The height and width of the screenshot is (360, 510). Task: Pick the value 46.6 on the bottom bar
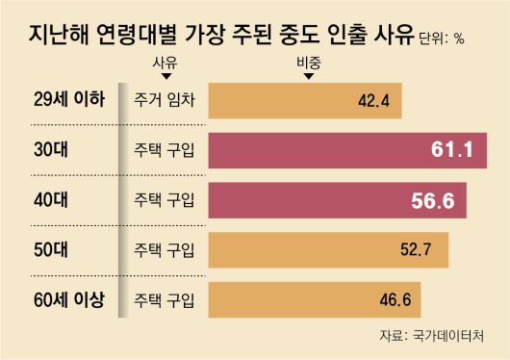pos(395,299)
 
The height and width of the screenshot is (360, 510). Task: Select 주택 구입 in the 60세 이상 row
pos(160,299)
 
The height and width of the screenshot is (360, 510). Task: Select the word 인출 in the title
pos(351,36)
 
